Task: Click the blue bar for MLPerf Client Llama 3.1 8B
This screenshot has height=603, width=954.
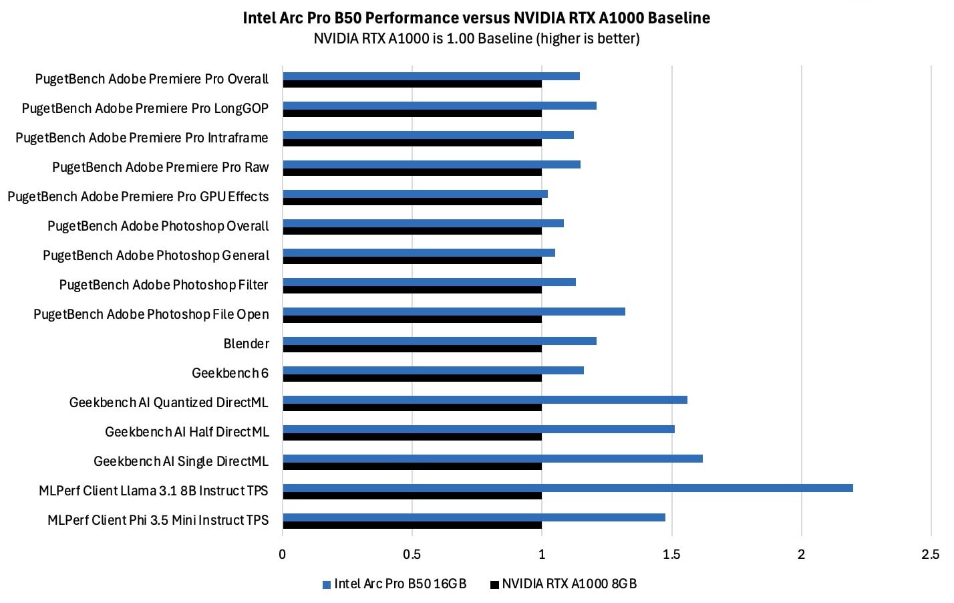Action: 568,488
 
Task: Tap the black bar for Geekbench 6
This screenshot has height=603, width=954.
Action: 412,378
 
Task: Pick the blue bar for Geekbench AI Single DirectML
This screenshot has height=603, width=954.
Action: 492,459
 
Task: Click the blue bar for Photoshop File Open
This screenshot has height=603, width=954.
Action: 454,312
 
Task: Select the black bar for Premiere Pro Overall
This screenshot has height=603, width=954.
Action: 412,84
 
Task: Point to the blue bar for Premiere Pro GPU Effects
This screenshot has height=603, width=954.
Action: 415,194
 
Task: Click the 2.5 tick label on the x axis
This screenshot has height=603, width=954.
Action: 930,554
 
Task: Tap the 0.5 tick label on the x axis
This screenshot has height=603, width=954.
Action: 412,554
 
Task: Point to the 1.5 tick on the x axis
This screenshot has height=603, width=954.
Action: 671,554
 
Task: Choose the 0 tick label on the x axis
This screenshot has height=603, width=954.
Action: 283,554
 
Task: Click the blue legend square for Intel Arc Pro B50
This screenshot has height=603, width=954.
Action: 327,585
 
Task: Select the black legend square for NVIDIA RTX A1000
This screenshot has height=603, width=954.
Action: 494,585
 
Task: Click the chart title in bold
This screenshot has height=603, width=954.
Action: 476,18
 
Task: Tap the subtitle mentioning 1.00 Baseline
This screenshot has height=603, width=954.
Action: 476,39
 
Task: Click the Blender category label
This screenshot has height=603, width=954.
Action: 246,344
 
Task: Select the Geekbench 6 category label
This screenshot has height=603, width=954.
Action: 230,373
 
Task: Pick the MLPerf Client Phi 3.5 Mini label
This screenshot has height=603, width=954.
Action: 158,520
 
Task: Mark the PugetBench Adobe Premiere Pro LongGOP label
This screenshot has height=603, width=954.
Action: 145,108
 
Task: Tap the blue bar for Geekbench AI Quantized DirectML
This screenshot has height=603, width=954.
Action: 485,400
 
